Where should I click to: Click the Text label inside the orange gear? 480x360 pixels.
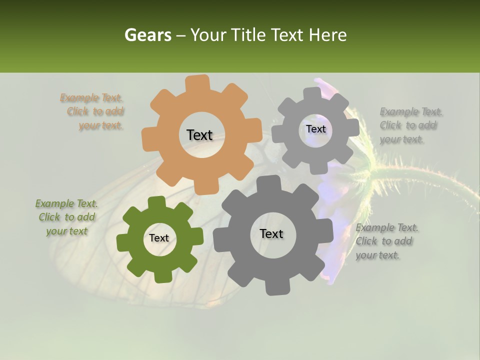point(199,135)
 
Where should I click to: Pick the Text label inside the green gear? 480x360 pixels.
point(159,238)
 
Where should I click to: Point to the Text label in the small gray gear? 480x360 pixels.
point(315,129)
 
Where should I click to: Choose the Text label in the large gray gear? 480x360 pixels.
point(271,233)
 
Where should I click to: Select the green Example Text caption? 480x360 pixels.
point(66,217)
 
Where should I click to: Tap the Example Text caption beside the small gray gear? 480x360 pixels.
point(408,125)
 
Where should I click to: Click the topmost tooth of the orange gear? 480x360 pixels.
point(197,82)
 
